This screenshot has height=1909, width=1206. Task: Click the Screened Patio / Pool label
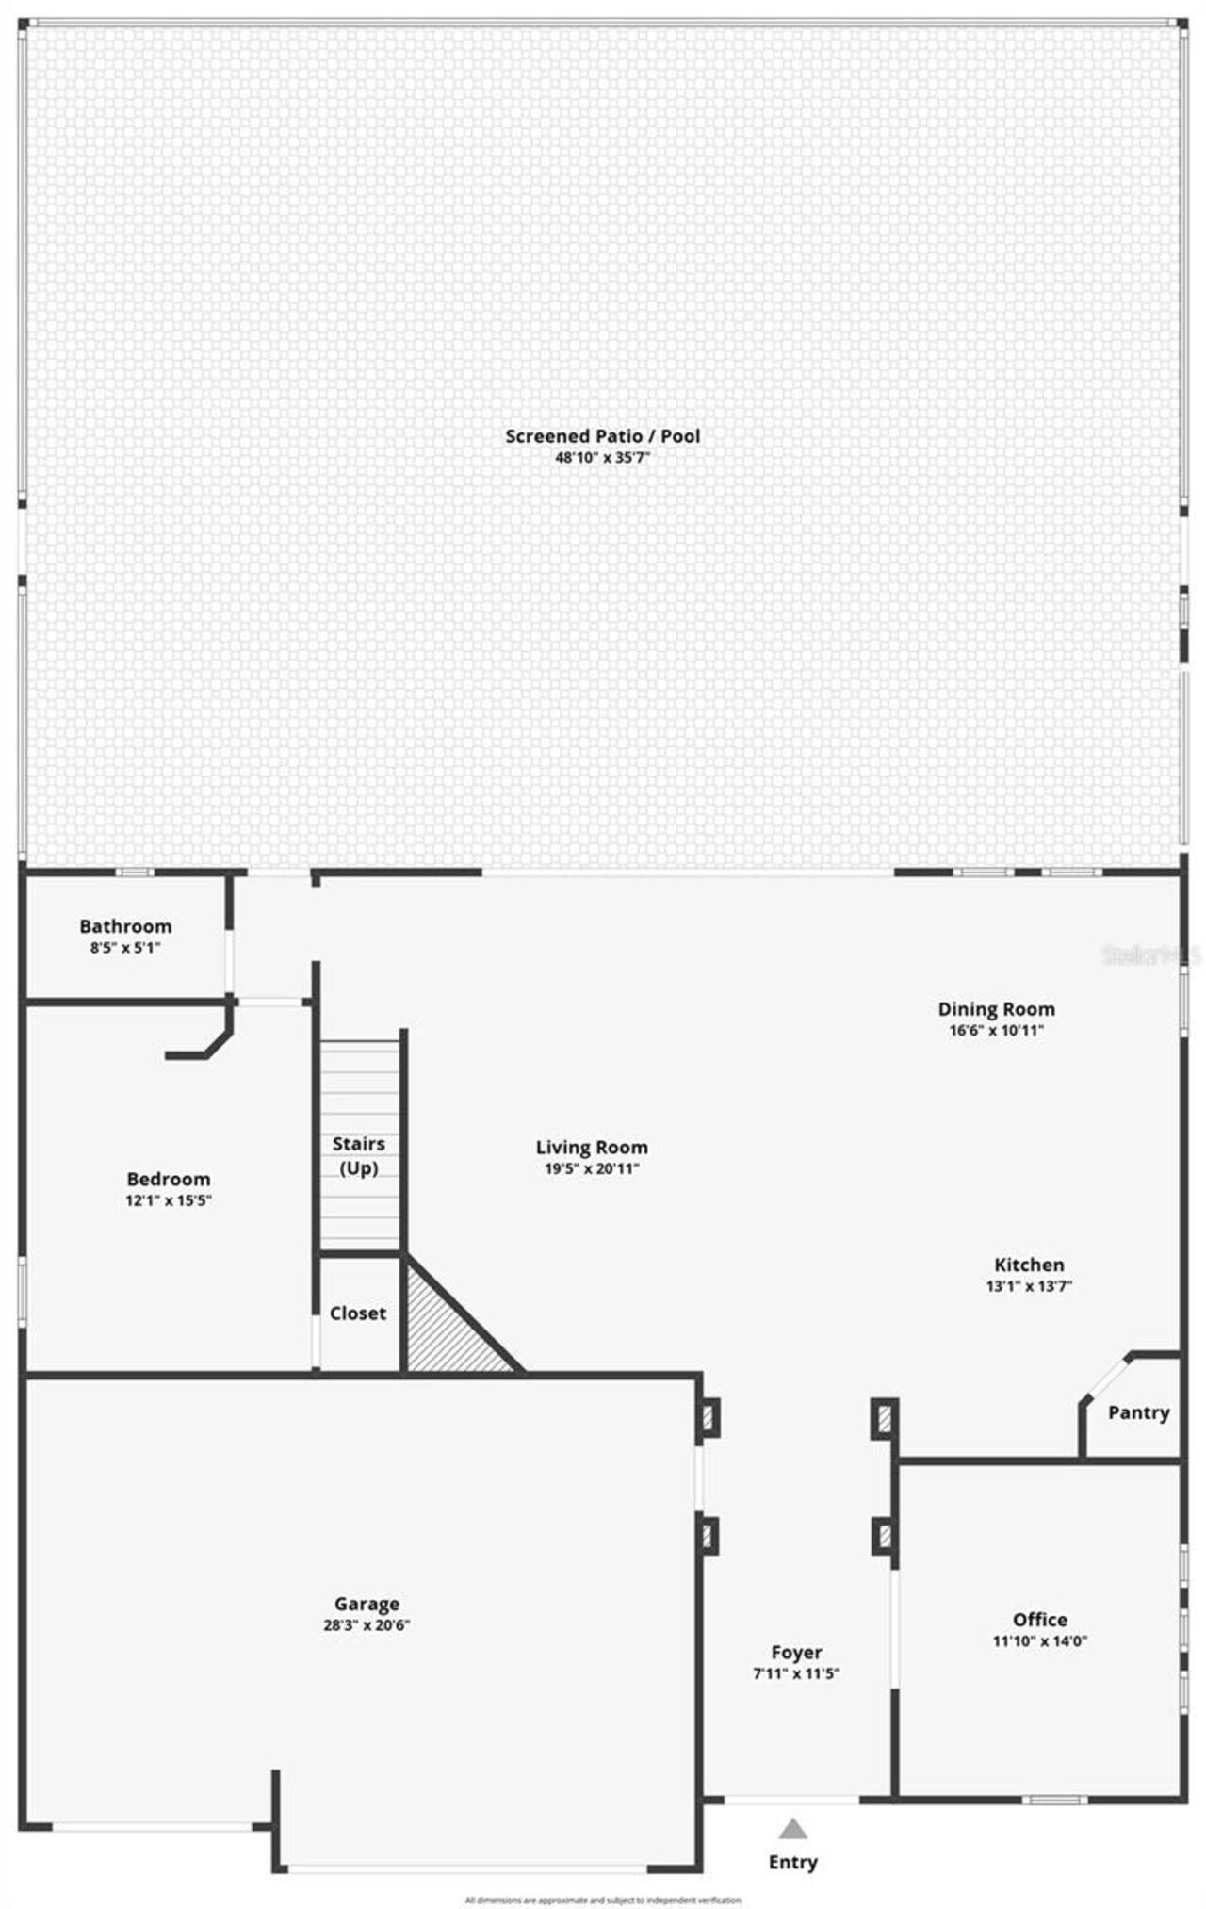[602, 436]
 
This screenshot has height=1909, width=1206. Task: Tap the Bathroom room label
[125, 926]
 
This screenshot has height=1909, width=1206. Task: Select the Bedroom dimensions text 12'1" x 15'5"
[168, 1200]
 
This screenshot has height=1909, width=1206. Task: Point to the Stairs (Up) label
[359, 1155]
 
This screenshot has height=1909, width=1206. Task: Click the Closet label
[357, 1313]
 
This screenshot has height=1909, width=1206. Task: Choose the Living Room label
[592, 1147]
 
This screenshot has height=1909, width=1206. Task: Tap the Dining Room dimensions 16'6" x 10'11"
[996, 1030]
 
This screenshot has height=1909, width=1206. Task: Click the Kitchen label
[1029, 1265]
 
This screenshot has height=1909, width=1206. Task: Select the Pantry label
[1138, 1412]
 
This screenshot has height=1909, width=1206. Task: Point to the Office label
[1039, 1619]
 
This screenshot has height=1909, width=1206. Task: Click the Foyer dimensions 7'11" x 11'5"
[796, 1673]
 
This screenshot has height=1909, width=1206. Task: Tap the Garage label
[367, 1603]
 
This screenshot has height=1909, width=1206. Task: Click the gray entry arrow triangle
[793, 1830]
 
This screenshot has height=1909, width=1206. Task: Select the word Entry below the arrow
[793, 1862]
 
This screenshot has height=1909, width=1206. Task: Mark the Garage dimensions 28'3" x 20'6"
[367, 1624]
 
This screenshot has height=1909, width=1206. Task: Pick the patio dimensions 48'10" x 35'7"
[602, 458]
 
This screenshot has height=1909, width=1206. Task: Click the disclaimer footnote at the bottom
[603, 1900]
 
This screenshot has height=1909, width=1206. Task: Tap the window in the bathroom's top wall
[134, 873]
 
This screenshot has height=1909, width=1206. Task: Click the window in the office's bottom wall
[1055, 1800]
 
